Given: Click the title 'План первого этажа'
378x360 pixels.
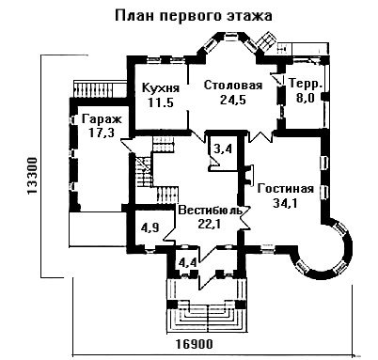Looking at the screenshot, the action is (194, 16).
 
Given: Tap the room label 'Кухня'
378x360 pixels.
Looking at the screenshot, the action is (161, 88).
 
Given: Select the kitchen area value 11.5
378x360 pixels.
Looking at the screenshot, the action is (161, 102).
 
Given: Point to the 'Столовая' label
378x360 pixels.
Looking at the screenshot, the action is (233, 86).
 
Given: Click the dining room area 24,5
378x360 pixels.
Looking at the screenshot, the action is (233, 100).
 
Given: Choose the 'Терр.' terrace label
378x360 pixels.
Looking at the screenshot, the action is (306, 84).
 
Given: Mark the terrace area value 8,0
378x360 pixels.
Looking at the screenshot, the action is (306, 98).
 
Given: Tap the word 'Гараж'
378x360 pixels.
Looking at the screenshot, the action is (102, 119).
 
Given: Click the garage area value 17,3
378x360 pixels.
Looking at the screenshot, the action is (102, 133).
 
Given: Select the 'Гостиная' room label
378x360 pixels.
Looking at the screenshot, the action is (285, 189).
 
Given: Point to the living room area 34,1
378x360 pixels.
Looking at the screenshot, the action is (285, 203).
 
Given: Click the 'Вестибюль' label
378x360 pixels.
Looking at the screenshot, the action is (211, 210).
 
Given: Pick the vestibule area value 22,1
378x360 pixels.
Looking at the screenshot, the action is (211, 224).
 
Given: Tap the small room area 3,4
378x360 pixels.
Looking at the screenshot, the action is (223, 149).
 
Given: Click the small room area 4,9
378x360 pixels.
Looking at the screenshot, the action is (150, 227).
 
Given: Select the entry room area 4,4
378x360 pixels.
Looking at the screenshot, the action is (187, 262).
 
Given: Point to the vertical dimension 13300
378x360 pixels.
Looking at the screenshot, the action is (32, 176).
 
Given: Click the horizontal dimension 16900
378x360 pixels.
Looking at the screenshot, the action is (194, 344).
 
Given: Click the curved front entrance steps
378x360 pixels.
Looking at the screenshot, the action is (206, 317).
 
